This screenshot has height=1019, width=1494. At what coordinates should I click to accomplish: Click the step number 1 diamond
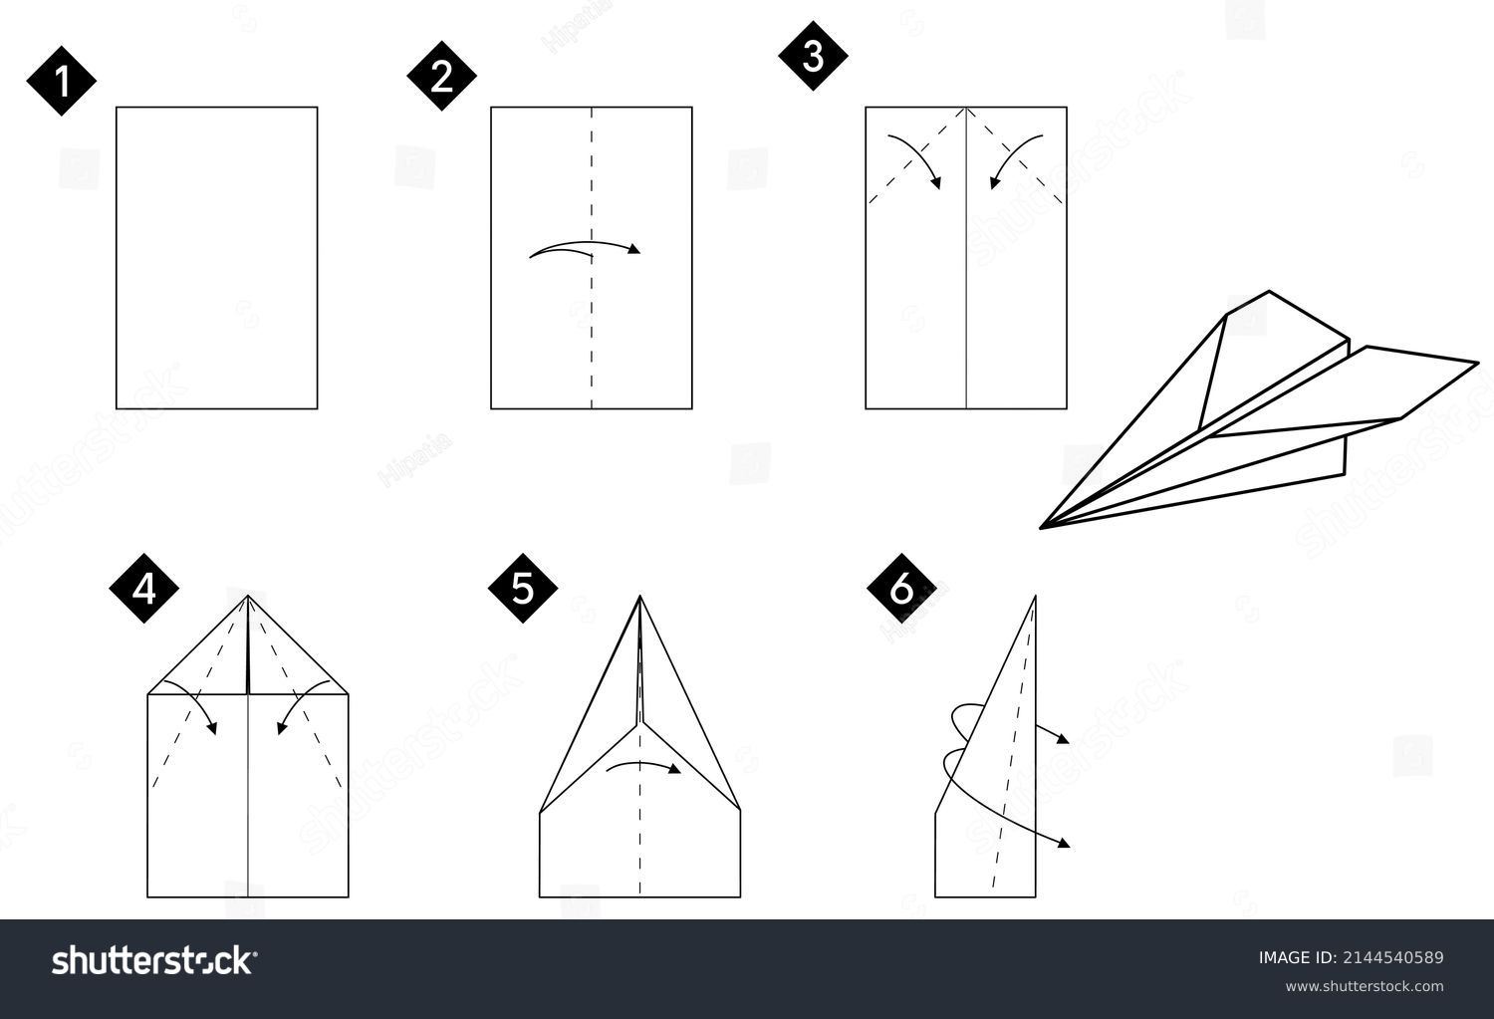click(x=62, y=81)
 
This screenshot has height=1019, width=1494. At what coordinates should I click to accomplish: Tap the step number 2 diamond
click(x=441, y=76)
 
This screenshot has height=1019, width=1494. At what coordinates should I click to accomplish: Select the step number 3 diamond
click(x=813, y=56)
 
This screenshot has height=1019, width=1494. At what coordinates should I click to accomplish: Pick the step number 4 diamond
click(x=144, y=589)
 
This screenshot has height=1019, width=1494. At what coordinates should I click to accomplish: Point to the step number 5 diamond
click(x=523, y=589)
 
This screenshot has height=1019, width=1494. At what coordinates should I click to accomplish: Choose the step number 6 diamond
click(x=901, y=589)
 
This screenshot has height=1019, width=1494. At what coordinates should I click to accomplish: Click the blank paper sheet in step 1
click(x=217, y=257)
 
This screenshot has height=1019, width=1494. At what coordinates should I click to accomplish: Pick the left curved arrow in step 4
click(x=195, y=700)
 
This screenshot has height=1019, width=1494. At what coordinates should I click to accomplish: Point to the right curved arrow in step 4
click(x=300, y=700)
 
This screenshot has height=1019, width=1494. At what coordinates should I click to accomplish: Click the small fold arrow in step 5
click(x=643, y=764)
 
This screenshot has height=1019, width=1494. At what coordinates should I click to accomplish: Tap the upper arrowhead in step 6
click(x=1064, y=739)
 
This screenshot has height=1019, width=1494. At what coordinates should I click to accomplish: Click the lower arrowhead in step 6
click(x=1065, y=844)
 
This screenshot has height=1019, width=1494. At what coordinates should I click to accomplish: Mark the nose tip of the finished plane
click(x=1041, y=528)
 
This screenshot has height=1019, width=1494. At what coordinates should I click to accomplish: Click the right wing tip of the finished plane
click(x=1478, y=363)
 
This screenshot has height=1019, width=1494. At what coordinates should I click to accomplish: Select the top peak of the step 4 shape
click(x=248, y=596)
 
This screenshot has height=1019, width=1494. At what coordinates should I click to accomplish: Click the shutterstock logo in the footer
click(x=154, y=961)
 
